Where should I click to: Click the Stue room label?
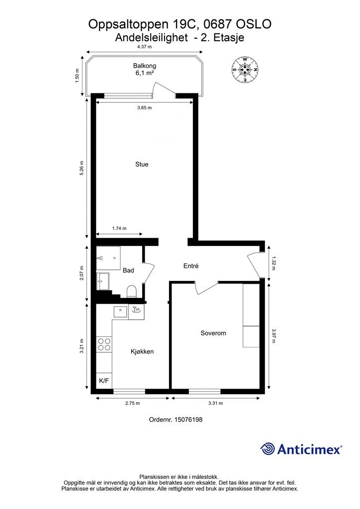[142, 164]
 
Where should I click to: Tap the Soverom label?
[213, 333]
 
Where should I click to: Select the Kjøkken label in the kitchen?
[142, 351]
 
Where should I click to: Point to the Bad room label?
[128, 270]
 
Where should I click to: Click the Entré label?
[191, 266]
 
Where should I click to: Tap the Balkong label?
[145, 66]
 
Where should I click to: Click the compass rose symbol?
[245, 70]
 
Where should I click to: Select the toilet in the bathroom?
[131, 291]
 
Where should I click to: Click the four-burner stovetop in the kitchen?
[104, 344]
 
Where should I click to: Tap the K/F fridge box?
[104, 381]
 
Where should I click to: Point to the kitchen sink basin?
[121, 312]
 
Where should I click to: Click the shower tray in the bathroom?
[108, 258]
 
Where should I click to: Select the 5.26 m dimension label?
[82, 168]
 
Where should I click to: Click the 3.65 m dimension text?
[145, 108]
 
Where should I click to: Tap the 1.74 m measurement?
[119, 228]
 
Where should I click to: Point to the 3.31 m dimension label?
[215, 403]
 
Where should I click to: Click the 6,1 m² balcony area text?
[145, 73]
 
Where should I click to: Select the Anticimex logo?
[301, 449]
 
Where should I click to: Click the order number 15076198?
[188, 420]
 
